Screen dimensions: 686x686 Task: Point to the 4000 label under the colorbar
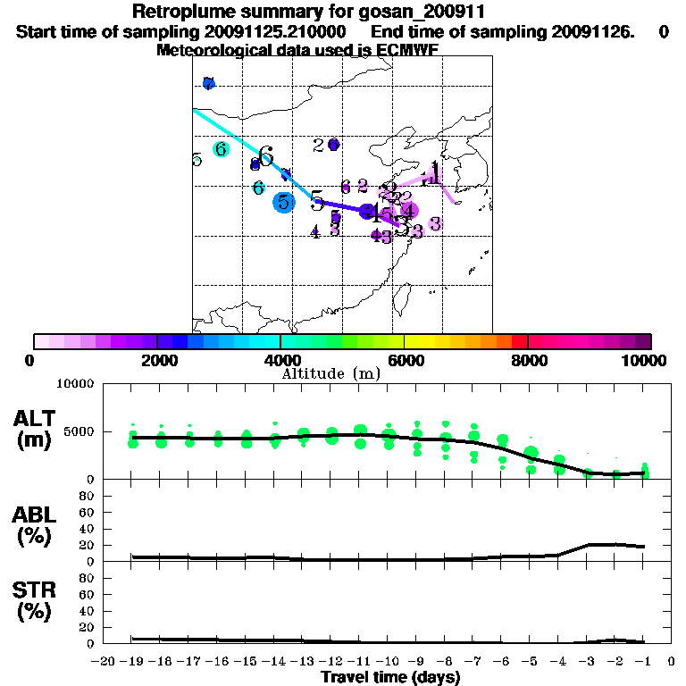pyautogui.click(x=280, y=360)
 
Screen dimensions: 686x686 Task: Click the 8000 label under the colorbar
pyautogui.click(x=528, y=360)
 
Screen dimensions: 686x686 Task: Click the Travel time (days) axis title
pyautogui.click(x=390, y=677)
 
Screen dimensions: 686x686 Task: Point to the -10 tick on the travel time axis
pyautogui.click(x=389, y=661)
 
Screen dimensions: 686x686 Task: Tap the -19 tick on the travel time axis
pyautogui.click(x=132, y=661)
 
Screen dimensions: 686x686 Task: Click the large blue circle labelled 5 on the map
pyautogui.click(x=283, y=202)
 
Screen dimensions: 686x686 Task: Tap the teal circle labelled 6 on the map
pyautogui.click(x=221, y=149)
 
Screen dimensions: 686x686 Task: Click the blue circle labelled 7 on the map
pyautogui.click(x=208, y=83)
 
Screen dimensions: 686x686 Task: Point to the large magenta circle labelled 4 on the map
pyautogui.click(x=409, y=211)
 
